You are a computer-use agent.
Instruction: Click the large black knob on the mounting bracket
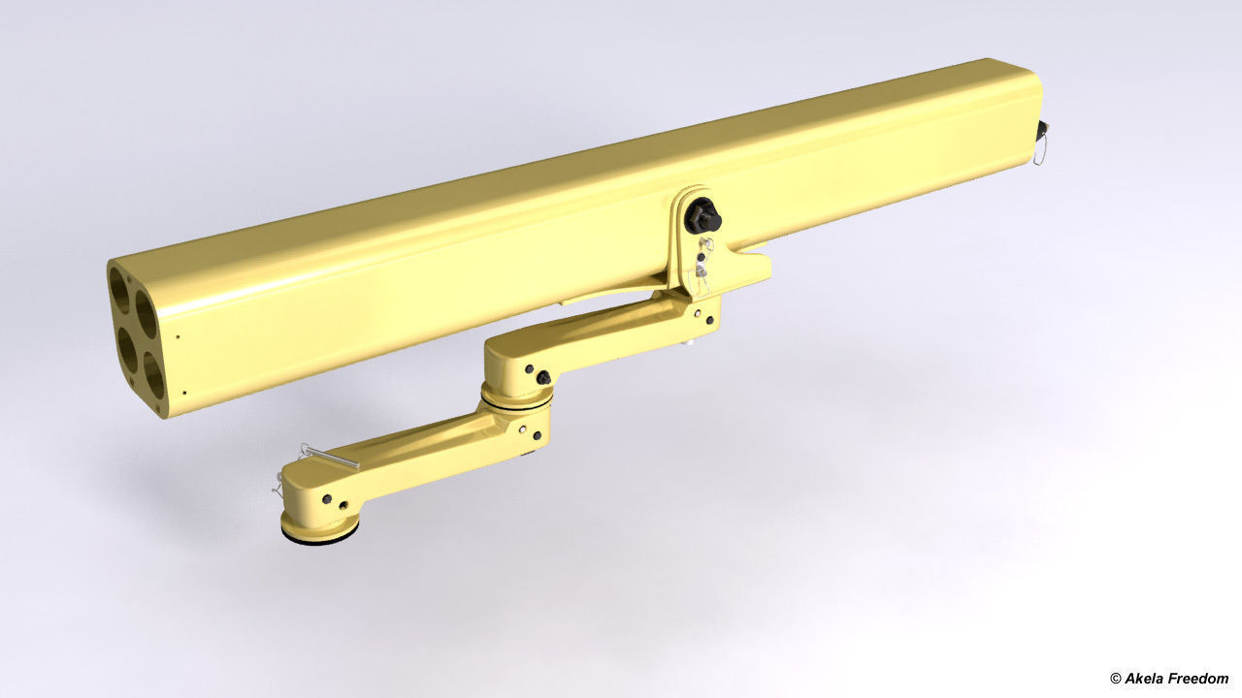coord(702,216)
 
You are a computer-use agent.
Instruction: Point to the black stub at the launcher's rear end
coord(1044,129)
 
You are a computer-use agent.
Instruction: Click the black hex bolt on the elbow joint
coord(543,376)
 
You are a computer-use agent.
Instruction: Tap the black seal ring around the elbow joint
coord(517,399)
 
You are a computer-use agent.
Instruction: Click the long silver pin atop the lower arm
coord(330,456)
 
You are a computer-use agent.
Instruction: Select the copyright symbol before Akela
coord(1116,679)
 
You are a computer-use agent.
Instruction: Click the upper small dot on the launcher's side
coord(178,338)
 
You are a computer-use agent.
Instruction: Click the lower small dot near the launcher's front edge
coord(184,393)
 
